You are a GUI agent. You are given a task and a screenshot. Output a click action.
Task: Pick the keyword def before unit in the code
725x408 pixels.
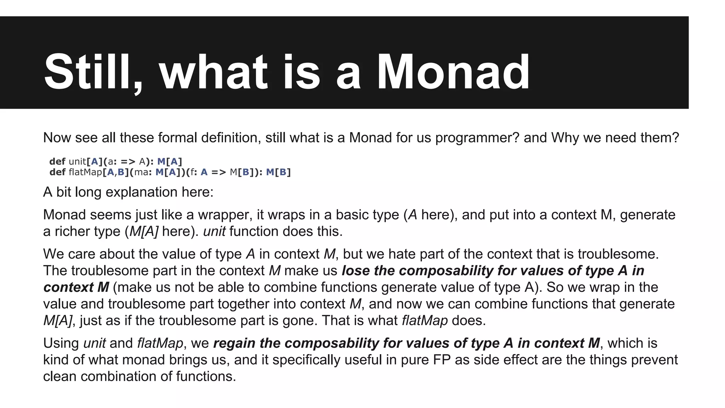[57, 161]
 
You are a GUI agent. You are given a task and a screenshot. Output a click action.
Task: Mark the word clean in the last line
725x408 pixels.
[60, 376]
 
